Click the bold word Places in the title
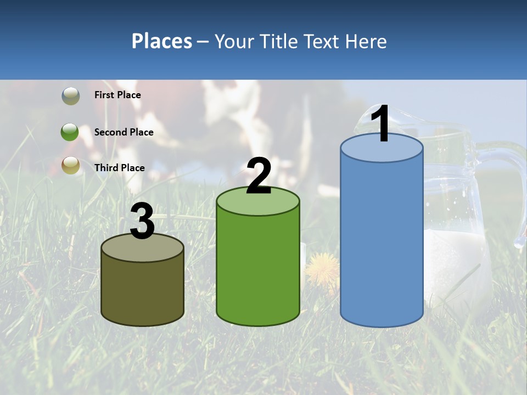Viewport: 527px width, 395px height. (x=162, y=41)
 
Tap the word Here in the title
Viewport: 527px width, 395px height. (x=366, y=41)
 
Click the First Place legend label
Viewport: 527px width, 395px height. (x=117, y=95)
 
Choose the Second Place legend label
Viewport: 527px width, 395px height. (x=124, y=132)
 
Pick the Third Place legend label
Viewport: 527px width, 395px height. (x=119, y=168)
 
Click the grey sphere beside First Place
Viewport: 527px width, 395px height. (x=70, y=96)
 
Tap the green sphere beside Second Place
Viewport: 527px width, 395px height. (x=70, y=132)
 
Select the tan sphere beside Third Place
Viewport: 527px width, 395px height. (x=70, y=165)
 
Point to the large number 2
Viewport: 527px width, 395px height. (x=259, y=176)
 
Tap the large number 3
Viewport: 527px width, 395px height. (x=143, y=221)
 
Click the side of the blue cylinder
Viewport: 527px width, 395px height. (x=382, y=241)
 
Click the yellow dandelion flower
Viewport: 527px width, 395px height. (x=322, y=268)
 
